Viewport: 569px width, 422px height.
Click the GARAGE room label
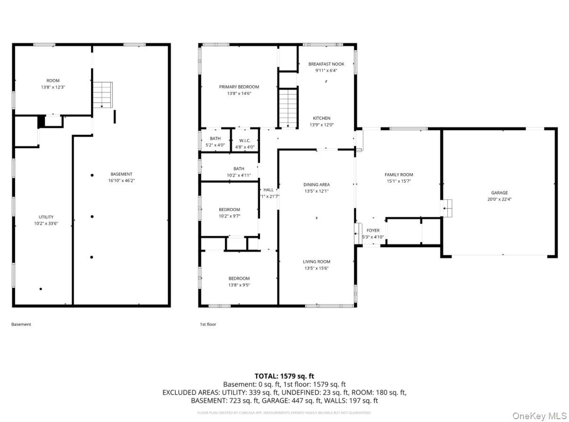[x=499, y=193]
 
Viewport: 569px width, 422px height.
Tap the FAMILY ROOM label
[x=399, y=175]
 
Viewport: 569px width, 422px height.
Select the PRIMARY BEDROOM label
[x=239, y=87]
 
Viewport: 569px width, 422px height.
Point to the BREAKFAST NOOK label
[x=326, y=64]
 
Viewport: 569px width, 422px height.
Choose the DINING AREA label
[x=317, y=185]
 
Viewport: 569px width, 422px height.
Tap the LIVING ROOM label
[x=316, y=262]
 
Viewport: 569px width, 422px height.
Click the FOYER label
[x=373, y=230]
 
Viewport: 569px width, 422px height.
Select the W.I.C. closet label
[x=244, y=140]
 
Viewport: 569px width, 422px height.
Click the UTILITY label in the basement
[x=46, y=217]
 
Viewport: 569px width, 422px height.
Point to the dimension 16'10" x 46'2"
[x=121, y=180]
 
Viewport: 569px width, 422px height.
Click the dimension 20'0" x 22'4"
[x=499, y=199]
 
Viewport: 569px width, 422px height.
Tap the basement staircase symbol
[x=102, y=94]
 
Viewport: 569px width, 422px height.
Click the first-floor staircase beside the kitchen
[x=288, y=108]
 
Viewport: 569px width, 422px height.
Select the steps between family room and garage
[x=447, y=207]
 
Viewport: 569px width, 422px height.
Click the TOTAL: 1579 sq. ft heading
[x=284, y=376]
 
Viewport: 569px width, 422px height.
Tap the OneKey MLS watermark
[x=539, y=415]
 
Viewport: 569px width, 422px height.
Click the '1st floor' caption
[x=208, y=324]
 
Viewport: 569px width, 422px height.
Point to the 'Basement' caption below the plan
[x=21, y=324]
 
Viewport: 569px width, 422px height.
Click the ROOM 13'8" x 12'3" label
[x=53, y=84]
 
